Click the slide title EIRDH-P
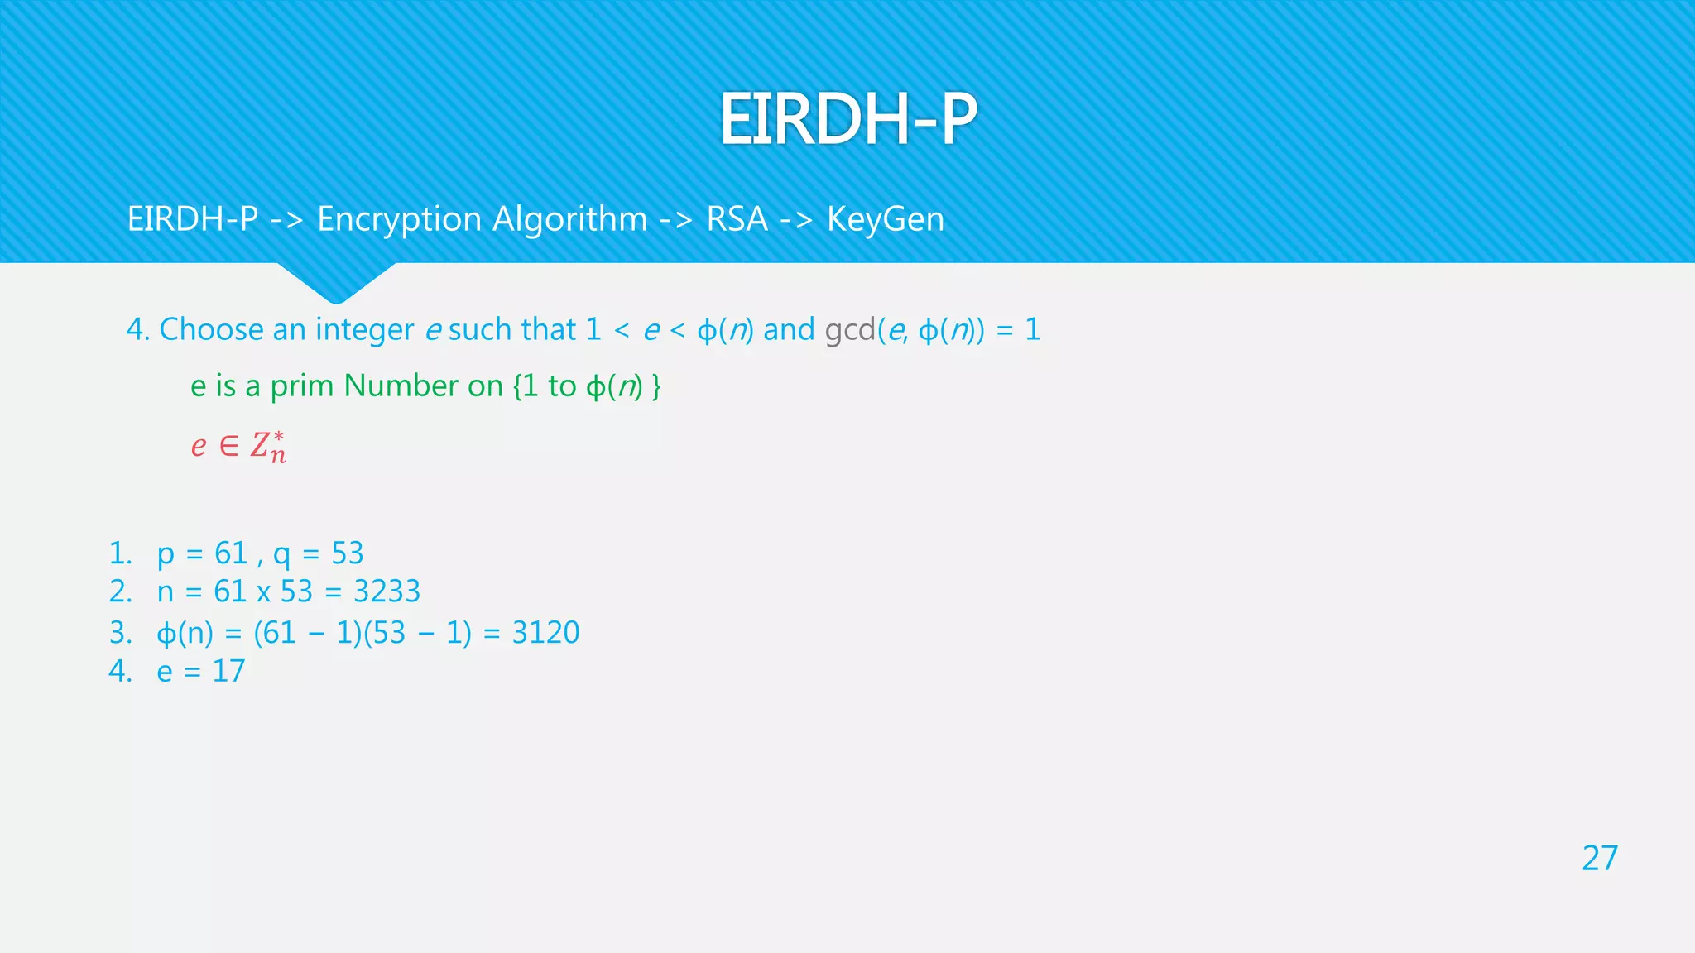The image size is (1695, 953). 847,119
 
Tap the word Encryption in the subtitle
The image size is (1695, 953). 399,220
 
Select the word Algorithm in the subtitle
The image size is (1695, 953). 569,220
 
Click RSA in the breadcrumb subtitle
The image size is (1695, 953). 737,220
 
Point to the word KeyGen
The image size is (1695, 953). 886,220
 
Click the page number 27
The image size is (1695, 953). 1599,859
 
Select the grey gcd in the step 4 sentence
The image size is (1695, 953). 850,330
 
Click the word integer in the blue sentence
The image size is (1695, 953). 364,330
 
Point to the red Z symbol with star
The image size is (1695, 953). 267,447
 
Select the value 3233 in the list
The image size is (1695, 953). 387,591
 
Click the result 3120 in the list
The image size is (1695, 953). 545,633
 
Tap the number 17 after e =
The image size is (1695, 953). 228,671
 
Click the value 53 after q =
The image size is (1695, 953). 348,553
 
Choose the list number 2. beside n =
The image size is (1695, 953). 121,591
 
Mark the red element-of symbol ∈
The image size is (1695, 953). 229,446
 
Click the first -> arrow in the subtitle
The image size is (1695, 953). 286,220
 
